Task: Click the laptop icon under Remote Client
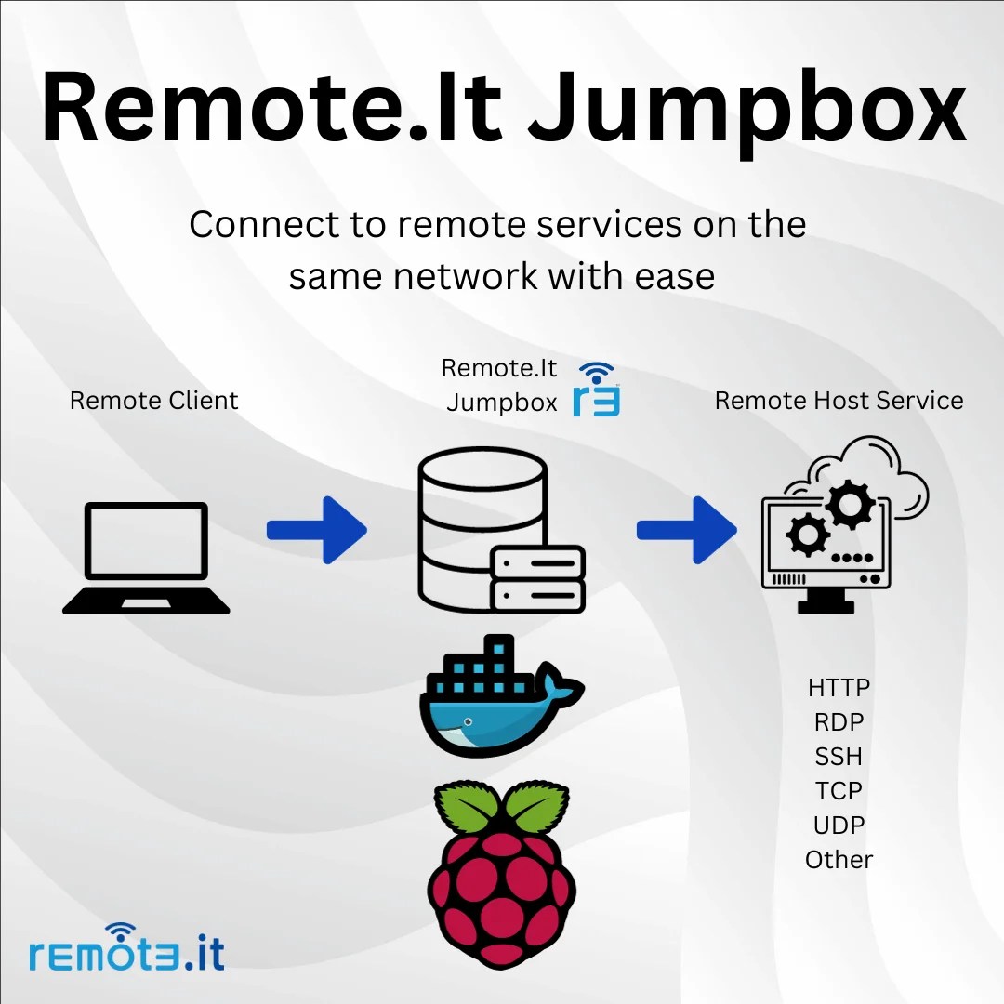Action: pyautogui.click(x=146, y=558)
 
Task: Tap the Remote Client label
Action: pyautogui.click(x=154, y=401)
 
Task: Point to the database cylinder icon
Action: pyautogui.click(x=481, y=521)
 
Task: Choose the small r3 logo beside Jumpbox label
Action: pyautogui.click(x=596, y=390)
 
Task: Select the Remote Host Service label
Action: pyautogui.click(x=839, y=401)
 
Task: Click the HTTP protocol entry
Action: pyautogui.click(x=839, y=689)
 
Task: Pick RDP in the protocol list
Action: pyautogui.click(x=839, y=722)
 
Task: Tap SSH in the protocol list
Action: pyautogui.click(x=839, y=757)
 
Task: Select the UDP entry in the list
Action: pyautogui.click(x=839, y=826)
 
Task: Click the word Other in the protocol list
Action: pyautogui.click(x=839, y=860)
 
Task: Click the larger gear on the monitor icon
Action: pyautogui.click(x=848, y=505)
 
